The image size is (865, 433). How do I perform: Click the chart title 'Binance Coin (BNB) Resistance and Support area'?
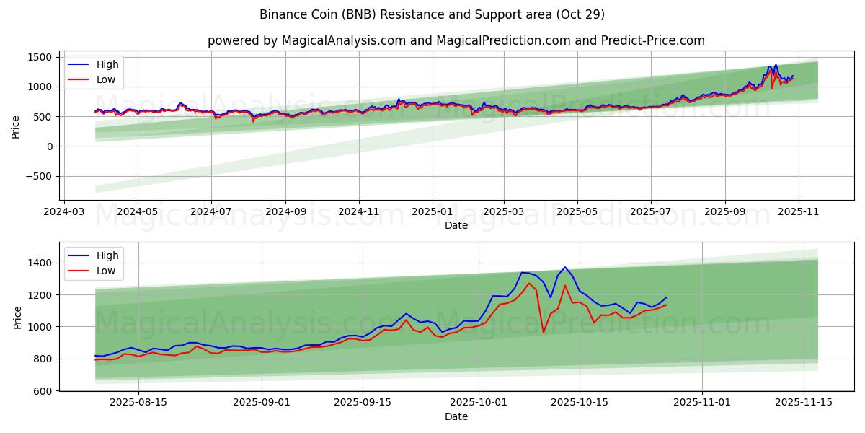point(432,14)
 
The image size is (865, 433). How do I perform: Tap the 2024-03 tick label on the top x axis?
point(65,213)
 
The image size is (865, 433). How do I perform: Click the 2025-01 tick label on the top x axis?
point(432,213)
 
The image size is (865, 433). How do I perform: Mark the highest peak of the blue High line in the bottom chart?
point(565,267)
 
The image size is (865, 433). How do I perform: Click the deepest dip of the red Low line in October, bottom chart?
point(544,332)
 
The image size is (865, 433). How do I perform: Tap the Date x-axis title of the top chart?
point(456,226)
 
